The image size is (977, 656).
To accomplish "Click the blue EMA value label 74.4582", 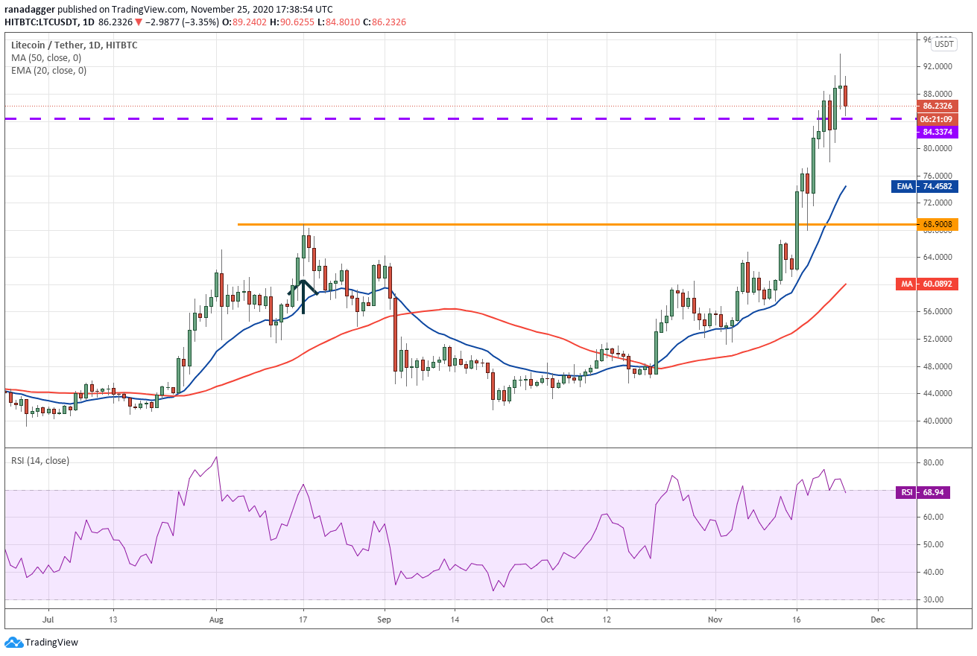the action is pos(925,187).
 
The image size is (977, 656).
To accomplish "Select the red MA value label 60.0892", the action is pos(927,284).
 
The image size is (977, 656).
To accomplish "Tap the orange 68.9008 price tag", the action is pos(938,224).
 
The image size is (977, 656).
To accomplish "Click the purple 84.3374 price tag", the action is pos(938,132).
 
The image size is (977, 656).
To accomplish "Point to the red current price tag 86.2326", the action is pos(938,106).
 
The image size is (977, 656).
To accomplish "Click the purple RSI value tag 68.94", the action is pos(923,492).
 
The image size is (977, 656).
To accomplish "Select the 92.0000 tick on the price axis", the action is pos(938,67).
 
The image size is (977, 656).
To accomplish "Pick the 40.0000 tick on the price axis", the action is pos(938,421).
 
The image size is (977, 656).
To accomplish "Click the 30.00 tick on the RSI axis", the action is pos(933,599).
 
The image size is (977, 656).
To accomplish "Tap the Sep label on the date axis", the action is pos(385,620).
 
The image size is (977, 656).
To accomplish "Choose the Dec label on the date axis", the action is pos(878,620).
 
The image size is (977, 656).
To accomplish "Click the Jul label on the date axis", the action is pos(48,620).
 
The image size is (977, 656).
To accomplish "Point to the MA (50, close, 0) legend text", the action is pos(46,58).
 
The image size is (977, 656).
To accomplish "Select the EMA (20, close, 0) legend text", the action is pos(49,71).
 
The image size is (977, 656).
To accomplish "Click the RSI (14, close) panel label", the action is pos(40,461).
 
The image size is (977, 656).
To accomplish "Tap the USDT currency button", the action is pos(944,44).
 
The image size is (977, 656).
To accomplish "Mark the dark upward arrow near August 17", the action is pos(303,297).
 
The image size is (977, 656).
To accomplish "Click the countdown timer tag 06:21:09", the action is pos(938,119).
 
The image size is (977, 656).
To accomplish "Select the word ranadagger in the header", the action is pos(30,9).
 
